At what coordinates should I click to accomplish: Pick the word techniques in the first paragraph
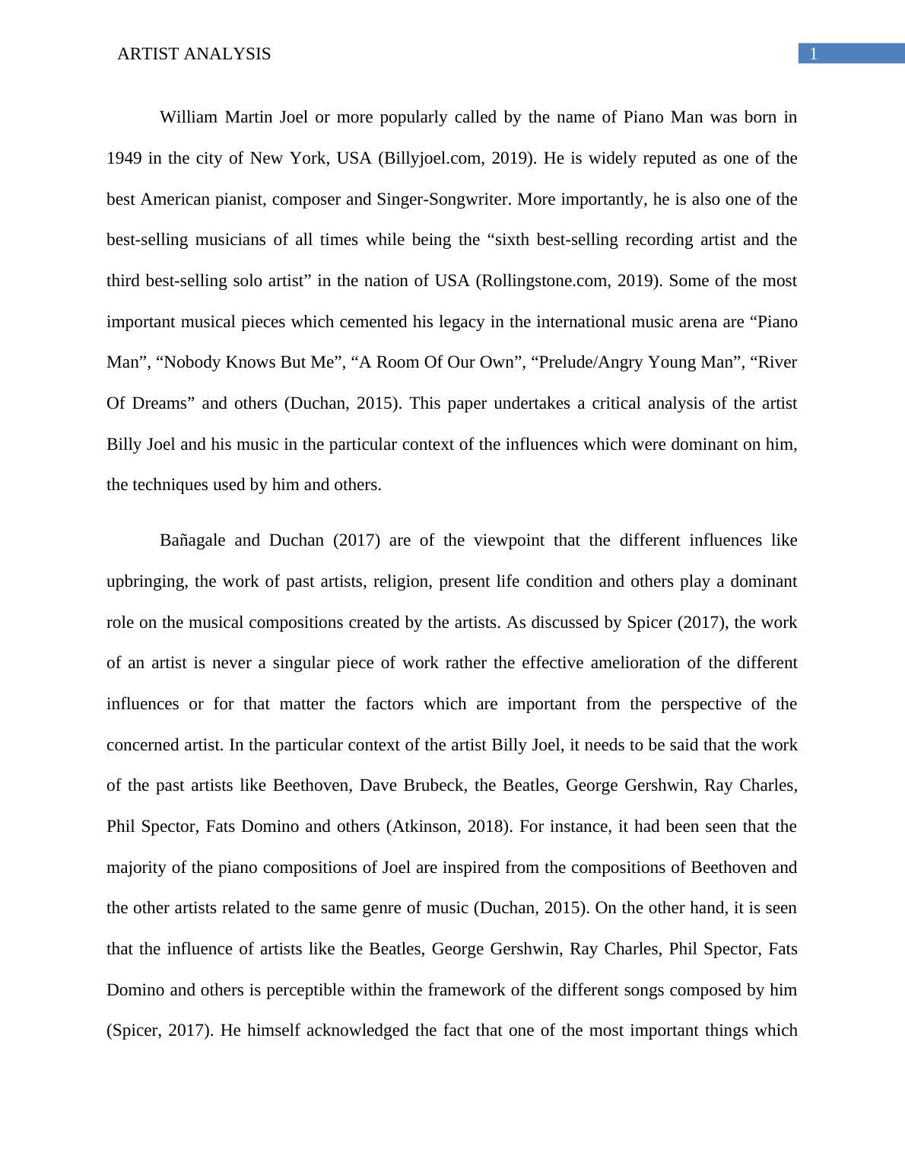pos(159,485)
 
